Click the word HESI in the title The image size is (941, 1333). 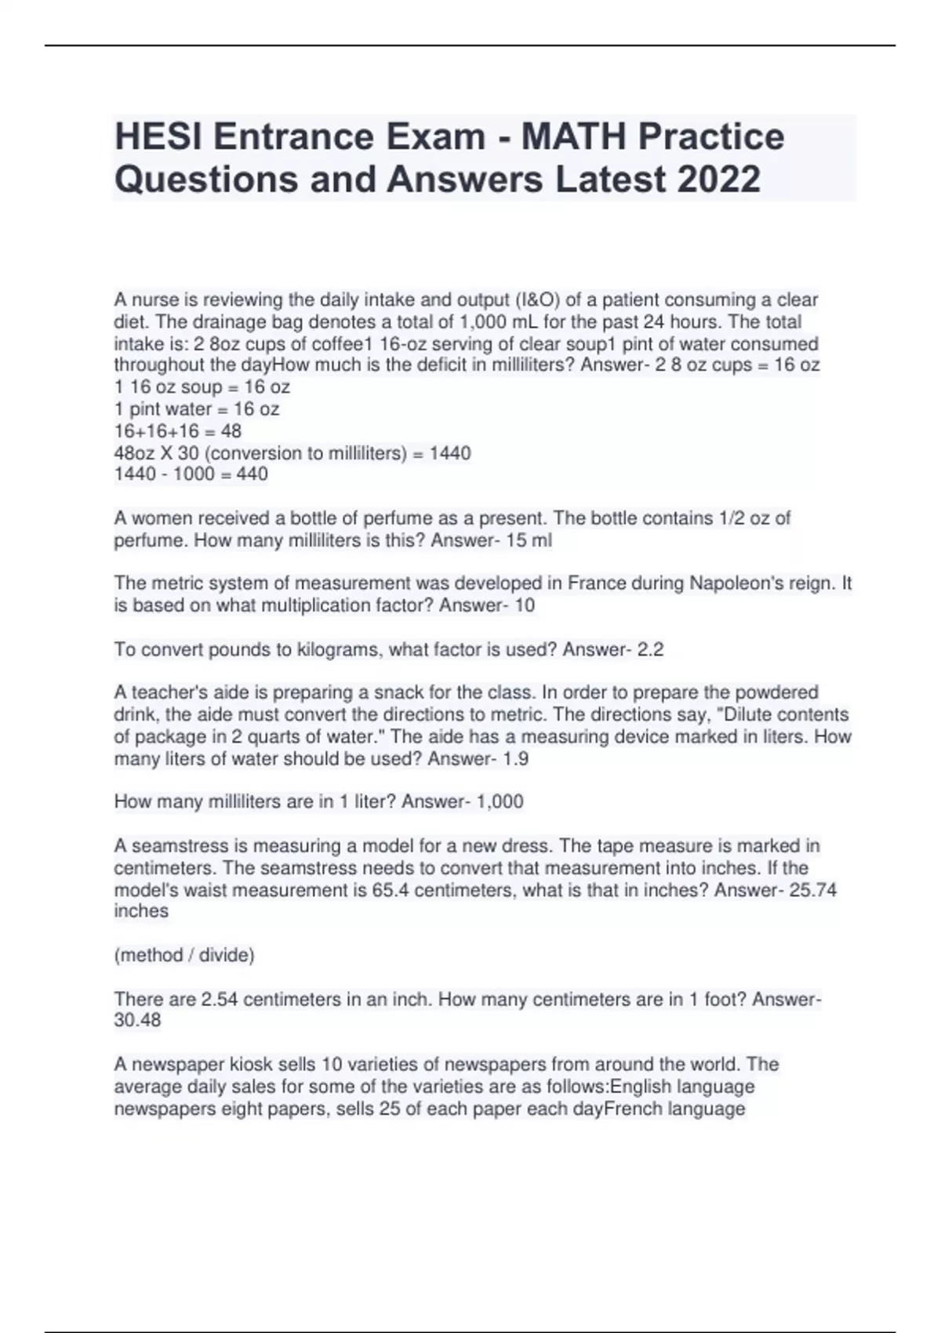(158, 137)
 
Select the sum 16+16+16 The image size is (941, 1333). (156, 431)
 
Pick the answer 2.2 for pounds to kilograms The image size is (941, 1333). (650, 649)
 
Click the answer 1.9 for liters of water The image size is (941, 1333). (516, 759)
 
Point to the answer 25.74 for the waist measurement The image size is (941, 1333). (813, 891)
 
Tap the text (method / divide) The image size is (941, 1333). (184, 955)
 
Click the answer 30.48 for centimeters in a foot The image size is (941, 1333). (137, 1020)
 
